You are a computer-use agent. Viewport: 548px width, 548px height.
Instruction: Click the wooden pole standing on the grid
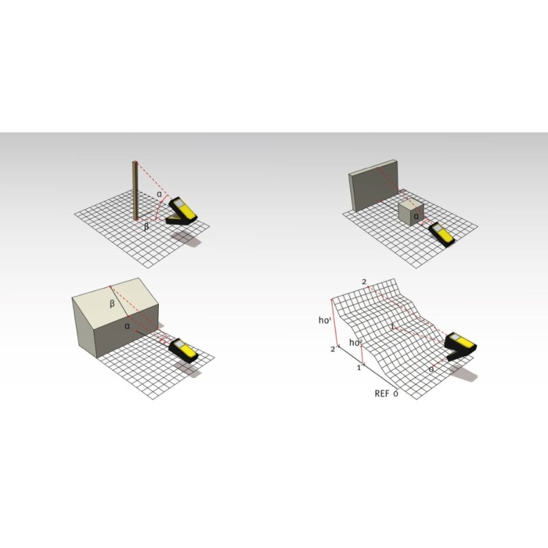tap(135, 190)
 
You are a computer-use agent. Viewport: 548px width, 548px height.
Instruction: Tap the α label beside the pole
tap(160, 194)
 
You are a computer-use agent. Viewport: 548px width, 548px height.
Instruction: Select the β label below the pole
tap(147, 227)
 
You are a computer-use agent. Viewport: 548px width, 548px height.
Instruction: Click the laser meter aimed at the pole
tap(182, 210)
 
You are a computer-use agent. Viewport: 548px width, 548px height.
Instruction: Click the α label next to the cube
tap(416, 216)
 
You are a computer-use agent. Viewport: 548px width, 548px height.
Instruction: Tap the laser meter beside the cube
tap(442, 234)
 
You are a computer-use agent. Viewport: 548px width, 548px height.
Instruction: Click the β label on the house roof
tap(112, 303)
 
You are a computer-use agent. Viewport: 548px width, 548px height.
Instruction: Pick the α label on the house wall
tap(127, 327)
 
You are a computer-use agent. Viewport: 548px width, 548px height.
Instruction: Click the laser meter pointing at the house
tap(184, 349)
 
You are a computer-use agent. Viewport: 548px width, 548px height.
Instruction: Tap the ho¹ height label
tap(325, 320)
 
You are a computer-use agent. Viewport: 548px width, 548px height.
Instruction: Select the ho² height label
tap(355, 342)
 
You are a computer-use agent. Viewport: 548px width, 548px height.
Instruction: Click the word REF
tap(382, 393)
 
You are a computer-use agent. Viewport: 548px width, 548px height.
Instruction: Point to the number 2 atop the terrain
tap(364, 282)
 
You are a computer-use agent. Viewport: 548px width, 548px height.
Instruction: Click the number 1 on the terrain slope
tap(393, 327)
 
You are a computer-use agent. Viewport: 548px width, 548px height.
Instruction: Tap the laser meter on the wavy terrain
tap(460, 346)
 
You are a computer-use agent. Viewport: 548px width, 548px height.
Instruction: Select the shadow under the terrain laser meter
tap(464, 373)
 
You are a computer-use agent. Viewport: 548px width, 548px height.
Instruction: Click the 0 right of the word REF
tap(396, 394)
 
